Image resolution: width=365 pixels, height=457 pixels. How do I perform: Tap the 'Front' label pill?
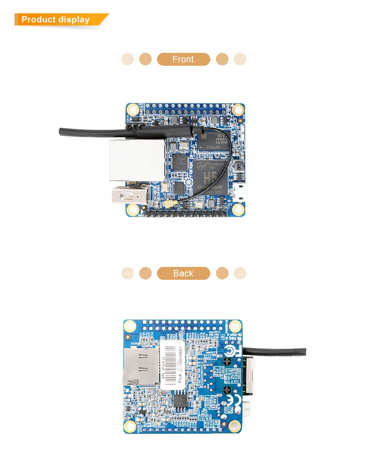point(183,59)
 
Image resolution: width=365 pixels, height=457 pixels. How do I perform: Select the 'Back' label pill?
point(183,273)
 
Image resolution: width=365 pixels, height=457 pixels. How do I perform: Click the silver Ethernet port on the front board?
point(137,160)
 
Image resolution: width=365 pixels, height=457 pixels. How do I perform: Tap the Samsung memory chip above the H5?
point(214,142)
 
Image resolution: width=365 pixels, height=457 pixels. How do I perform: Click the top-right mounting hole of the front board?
point(238,109)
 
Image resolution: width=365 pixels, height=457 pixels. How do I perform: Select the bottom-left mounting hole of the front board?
point(133,209)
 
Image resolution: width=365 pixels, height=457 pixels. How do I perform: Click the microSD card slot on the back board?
point(139,367)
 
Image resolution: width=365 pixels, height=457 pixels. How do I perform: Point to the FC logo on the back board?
point(230,352)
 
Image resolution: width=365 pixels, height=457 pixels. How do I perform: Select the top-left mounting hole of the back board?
point(130,326)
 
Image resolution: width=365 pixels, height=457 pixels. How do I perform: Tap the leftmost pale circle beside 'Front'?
point(127,59)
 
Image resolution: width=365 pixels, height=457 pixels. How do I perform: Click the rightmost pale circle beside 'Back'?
point(240,273)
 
